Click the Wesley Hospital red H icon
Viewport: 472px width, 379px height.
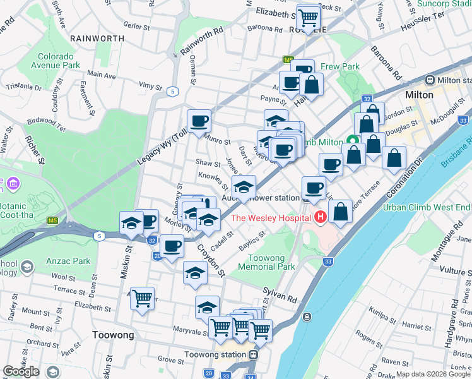pos(320,218)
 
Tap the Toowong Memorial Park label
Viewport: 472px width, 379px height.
pos(263,262)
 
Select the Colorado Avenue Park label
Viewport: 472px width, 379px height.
pos(58,60)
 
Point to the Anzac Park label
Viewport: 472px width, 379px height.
pos(72,260)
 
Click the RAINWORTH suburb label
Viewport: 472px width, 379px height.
pos(97,39)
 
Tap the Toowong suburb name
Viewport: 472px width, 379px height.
pos(112,335)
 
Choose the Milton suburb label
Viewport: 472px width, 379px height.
pos(419,95)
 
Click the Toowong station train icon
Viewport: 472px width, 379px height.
pos(253,355)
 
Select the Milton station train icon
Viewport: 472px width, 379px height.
pos(430,80)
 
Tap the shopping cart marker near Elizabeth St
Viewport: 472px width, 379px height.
pos(308,18)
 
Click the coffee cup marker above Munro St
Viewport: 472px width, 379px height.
pos(199,119)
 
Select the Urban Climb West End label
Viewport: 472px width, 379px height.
pos(428,207)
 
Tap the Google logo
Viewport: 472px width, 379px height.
pos(21,371)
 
